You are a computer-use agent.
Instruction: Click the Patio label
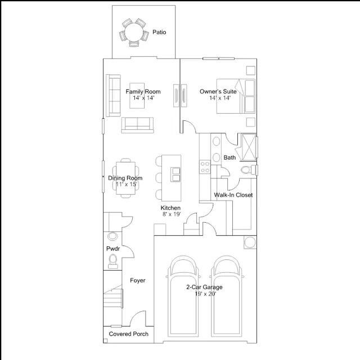pos(159,32)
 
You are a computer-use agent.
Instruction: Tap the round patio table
pos(134,32)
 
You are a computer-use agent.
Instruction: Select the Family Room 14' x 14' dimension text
pos(143,98)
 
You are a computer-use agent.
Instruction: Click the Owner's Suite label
pos(218,92)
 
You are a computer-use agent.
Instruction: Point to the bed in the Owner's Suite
pos(236,96)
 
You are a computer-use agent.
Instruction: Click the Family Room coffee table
pos(137,96)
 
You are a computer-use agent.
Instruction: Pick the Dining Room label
pos(125,178)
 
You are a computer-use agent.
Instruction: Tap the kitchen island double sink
pos(175,175)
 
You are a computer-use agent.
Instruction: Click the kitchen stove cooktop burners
pos(205,167)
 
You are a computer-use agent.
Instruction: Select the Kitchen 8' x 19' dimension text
pos(172,214)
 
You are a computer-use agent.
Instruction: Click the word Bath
pos(229,157)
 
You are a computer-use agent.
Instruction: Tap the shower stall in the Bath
pos(249,147)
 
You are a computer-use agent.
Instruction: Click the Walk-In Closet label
pos(233,195)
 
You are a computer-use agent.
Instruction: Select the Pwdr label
pos(113,249)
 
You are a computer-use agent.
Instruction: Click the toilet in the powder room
pos(112,261)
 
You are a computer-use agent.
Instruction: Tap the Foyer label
pos(137,280)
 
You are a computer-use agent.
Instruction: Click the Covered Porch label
pos(129,334)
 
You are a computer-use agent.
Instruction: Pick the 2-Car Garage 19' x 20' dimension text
pos(205,294)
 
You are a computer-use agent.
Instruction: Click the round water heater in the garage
pos(250,242)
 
